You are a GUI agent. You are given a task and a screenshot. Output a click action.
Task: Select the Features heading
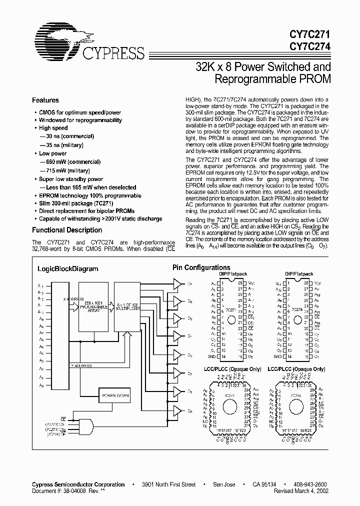pos(45,100)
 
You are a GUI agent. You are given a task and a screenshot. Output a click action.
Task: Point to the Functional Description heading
pos(67,230)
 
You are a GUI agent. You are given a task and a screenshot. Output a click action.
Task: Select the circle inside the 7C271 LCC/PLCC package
pos(230,402)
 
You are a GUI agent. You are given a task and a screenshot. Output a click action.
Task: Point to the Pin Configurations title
pos(201,267)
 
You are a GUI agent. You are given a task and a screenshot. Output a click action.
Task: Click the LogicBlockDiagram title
pos(68,268)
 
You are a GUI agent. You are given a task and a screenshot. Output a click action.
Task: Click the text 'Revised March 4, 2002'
pos(302,491)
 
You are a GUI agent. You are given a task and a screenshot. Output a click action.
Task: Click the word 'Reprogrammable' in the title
pos(253,78)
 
